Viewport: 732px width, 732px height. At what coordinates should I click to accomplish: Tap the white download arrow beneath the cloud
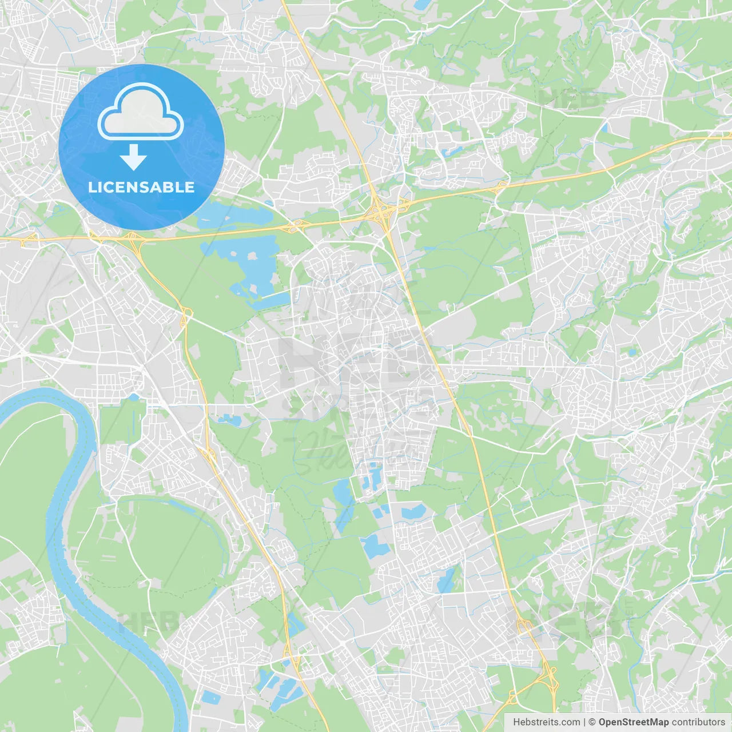click(x=133, y=157)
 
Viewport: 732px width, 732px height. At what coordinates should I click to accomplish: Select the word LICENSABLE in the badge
click(x=141, y=187)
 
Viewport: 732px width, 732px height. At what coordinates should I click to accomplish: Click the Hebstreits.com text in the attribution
click(x=546, y=722)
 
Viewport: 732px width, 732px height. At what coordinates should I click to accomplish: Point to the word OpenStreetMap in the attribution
click(x=633, y=722)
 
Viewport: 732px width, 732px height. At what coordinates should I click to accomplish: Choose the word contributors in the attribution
click(x=698, y=722)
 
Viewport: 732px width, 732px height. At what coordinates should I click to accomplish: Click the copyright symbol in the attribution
click(x=592, y=722)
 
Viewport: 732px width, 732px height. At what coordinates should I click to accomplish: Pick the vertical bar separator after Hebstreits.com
click(x=584, y=722)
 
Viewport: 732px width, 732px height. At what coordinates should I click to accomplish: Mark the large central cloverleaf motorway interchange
click(x=381, y=212)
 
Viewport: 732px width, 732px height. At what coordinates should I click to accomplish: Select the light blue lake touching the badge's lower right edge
click(x=234, y=214)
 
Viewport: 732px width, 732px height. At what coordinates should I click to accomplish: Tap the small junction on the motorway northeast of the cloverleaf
click(x=501, y=186)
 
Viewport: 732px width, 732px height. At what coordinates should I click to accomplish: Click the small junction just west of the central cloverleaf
click(x=295, y=226)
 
